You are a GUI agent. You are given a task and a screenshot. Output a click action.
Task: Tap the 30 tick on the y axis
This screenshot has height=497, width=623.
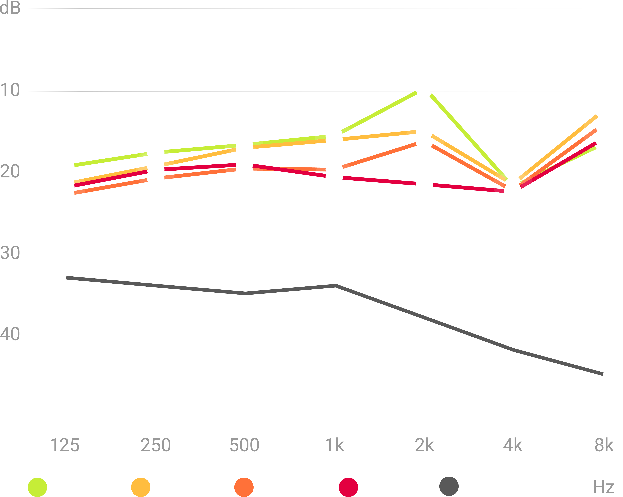[10, 253]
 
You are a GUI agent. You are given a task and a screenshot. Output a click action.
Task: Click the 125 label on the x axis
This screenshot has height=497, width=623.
[65, 445]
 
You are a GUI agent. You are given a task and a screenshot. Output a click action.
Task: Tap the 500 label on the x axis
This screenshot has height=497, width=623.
[244, 445]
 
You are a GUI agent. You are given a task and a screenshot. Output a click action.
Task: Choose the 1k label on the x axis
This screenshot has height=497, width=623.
[334, 445]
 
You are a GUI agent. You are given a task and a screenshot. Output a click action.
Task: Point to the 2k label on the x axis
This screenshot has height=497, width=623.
[424, 445]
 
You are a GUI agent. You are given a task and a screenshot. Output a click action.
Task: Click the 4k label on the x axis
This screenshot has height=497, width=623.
[513, 445]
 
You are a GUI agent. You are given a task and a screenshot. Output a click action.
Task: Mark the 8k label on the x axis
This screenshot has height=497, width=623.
[604, 445]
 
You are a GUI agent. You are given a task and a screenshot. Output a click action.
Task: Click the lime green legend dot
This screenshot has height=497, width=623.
[37, 487]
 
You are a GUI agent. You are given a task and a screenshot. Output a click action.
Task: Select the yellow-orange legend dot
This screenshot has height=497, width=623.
[141, 487]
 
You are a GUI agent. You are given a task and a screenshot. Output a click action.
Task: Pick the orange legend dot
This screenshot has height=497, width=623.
[244, 487]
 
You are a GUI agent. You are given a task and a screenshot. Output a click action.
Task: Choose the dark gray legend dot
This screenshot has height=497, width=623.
[449, 486]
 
